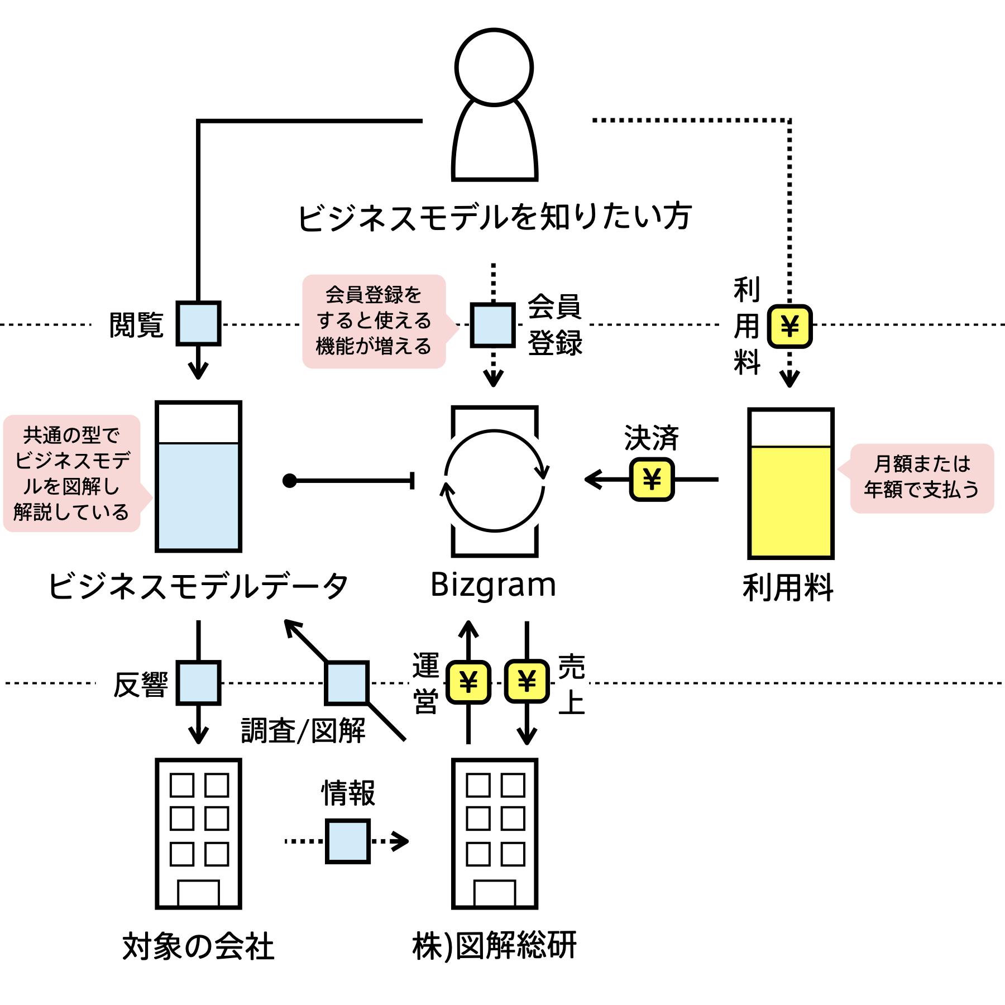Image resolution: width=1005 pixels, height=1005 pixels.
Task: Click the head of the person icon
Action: [x=494, y=67]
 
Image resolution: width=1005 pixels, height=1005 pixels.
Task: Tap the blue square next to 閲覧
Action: [x=198, y=323]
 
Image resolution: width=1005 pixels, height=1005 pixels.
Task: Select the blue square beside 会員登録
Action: [x=492, y=325]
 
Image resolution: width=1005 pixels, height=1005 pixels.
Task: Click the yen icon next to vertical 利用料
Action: [x=789, y=326]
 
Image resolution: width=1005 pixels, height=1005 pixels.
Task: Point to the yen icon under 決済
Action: [x=652, y=479]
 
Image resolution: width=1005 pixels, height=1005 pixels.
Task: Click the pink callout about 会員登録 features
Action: [x=374, y=321]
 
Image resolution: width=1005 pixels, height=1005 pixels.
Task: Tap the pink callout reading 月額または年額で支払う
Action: [x=921, y=478]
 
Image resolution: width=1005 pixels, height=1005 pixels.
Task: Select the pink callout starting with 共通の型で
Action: [x=71, y=473]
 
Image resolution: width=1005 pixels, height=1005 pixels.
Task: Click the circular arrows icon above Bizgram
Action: [x=494, y=480]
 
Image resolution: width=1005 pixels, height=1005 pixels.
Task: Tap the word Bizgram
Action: [x=494, y=585]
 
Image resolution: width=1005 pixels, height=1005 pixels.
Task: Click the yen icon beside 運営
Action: [x=468, y=682]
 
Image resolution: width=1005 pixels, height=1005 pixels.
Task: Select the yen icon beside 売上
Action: [x=527, y=682]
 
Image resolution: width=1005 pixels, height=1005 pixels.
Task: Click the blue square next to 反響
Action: [x=198, y=682]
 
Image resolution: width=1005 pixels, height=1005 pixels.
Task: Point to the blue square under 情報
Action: [x=347, y=841]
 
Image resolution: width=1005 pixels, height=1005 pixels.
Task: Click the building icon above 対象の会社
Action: [x=198, y=832]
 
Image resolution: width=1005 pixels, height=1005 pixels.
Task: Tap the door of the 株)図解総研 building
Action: [x=494, y=893]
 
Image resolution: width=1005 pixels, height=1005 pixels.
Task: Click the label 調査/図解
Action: [x=303, y=730]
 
